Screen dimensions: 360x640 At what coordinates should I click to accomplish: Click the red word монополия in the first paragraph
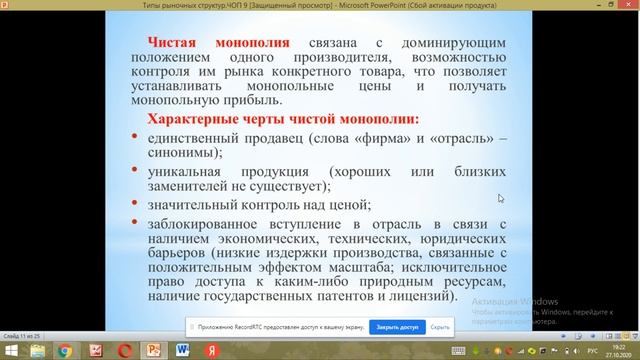pos(249,44)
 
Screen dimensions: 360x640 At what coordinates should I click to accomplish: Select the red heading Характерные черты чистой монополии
pos(276,119)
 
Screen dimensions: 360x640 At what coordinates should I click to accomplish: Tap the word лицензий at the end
pos(406,297)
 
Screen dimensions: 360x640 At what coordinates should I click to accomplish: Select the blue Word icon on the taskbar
pos(183,351)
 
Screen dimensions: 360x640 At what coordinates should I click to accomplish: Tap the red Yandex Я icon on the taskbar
pos(211,351)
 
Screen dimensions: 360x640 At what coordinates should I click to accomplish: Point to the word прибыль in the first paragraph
pos(255,100)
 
